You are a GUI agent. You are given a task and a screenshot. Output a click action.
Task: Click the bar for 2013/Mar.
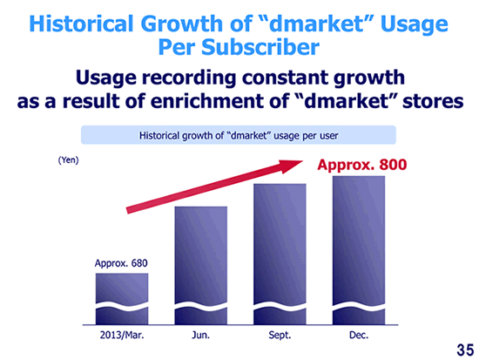point(122,299)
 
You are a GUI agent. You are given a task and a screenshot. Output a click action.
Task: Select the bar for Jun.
point(200,266)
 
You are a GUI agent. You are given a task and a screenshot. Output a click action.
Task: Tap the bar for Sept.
point(280,255)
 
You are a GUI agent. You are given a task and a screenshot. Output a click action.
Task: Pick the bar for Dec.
point(359,250)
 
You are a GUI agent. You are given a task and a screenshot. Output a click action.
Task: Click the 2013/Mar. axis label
point(122,336)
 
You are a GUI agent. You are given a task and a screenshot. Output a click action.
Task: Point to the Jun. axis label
point(200,336)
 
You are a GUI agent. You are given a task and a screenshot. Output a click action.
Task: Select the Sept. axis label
point(280,336)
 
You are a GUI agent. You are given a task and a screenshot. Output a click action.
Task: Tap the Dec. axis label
point(359,336)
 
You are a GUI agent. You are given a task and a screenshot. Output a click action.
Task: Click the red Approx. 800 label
point(362,165)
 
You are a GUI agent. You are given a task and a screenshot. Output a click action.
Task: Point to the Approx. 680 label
point(121,263)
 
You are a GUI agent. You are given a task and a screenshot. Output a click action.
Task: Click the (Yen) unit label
point(69,160)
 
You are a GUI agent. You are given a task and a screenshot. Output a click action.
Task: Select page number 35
point(465,350)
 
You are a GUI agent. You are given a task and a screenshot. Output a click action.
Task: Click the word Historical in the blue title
point(82,24)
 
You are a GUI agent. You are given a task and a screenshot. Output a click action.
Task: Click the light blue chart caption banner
point(239,135)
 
